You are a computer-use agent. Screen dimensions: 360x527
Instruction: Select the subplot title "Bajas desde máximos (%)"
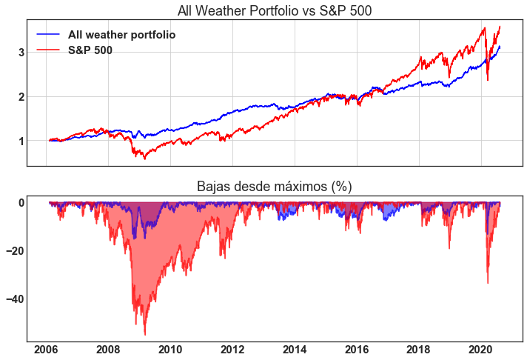[x=275, y=187]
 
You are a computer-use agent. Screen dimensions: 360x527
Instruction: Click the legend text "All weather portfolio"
[x=121, y=35]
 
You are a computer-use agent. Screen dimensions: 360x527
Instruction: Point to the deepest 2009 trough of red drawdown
[x=145, y=334]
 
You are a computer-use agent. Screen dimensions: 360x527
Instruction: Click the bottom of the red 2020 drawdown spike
[x=488, y=282]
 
